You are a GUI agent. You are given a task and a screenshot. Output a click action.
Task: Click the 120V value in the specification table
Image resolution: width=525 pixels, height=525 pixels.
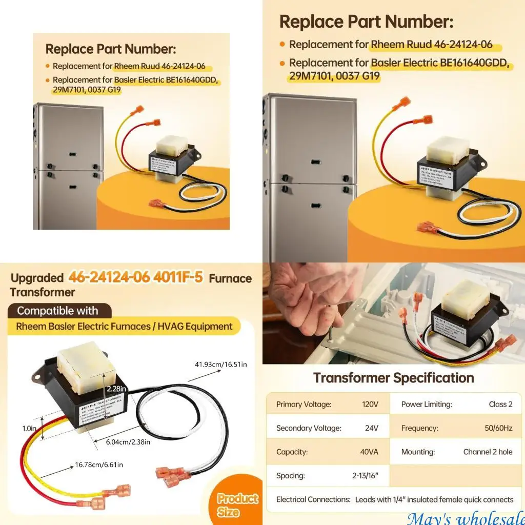tap(370, 404)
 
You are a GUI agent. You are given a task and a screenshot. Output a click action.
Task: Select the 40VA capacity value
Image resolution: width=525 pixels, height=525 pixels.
tap(369, 452)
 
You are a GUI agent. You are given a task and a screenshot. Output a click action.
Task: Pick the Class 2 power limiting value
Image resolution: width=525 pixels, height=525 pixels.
tap(500, 404)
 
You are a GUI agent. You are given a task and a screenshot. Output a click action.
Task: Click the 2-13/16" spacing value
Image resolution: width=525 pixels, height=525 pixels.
tap(365, 475)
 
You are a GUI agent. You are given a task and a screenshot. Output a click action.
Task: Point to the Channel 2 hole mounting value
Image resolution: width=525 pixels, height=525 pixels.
tap(488, 452)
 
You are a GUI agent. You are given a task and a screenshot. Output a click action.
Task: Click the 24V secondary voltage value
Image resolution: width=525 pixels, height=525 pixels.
tap(371, 428)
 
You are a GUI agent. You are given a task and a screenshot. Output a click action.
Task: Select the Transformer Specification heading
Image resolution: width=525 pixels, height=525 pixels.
tap(393, 378)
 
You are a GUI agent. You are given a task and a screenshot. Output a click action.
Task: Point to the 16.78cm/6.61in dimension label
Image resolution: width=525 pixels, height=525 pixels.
tap(99, 465)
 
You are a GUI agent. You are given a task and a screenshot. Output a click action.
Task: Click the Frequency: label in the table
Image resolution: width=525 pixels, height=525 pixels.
tap(419, 428)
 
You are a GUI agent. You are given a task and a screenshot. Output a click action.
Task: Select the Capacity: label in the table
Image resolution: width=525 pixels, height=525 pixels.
tap(292, 452)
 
